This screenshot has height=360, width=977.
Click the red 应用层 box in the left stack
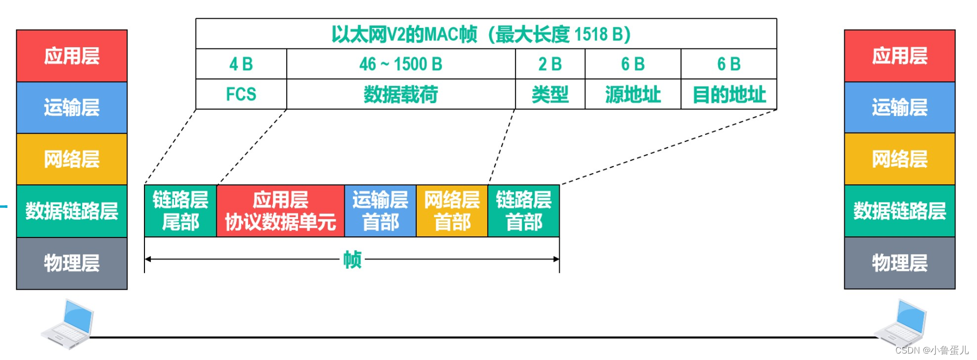click(71, 56)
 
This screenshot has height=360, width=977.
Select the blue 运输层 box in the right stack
click(899, 107)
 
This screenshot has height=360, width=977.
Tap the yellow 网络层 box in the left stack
click(71, 159)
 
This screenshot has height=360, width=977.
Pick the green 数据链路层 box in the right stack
click(899, 211)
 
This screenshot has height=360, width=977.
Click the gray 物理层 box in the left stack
click(71, 263)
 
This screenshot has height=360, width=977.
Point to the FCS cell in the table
click(241, 95)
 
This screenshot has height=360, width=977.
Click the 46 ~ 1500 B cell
click(401, 64)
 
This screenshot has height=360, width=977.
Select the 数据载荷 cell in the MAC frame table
click(401, 95)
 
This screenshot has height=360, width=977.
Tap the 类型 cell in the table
click(550, 95)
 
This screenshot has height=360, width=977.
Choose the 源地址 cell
click(633, 95)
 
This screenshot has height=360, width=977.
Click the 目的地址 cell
click(729, 95)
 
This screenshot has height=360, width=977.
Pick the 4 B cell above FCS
click(241, 64)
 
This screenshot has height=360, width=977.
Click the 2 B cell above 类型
click(550, 64)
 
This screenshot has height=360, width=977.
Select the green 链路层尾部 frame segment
click(180, 211)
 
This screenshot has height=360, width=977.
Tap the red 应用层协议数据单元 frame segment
click(280, 211)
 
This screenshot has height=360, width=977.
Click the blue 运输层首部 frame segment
click(380, 211)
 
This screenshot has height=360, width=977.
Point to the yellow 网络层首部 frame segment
click(452, 211)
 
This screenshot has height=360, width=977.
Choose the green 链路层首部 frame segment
click(524, 211)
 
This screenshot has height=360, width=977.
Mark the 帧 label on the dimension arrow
click(352, 260)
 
